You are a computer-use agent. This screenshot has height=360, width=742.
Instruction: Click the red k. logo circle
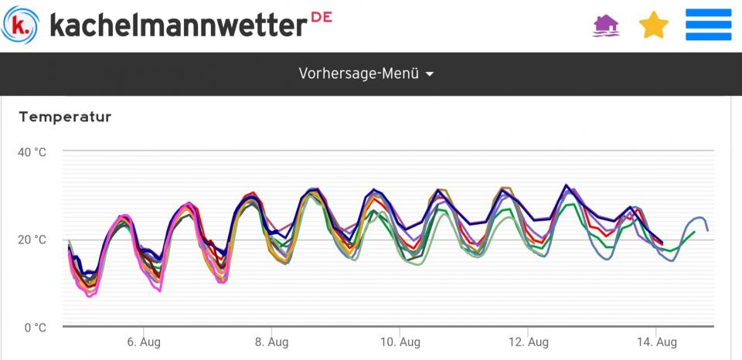(x=23, y=25)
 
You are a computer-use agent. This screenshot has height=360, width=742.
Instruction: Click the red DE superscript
(x=322, y=16)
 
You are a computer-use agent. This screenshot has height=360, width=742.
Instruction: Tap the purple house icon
(x=606, y=25)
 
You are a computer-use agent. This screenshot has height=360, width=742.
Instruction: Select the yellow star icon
(x=653, y=25)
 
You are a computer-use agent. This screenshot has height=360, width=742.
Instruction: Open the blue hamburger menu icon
(x=708, y=25)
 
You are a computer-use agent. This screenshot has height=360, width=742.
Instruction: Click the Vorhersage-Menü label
(x=359, y=74)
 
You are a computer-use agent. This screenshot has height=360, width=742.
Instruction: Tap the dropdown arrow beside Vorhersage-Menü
(x=430, y=74)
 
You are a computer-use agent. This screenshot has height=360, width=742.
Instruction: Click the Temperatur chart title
(x=65, y=117)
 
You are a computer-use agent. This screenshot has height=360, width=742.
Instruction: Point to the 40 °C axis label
(x=32, y=152)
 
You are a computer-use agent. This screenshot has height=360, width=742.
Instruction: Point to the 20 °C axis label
(x=32, y=239)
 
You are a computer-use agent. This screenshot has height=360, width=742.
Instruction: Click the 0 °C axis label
(x=35, y=327)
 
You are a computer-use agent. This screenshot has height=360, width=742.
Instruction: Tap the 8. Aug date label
(x=271, y=342)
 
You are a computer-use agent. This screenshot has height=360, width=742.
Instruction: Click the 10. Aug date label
(x=400, y=342)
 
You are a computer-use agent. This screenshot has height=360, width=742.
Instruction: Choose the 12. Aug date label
(x=529, y=342)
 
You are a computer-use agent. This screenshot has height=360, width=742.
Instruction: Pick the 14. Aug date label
(x=657, y=342)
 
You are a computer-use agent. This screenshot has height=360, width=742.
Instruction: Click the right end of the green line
(x=695, y=231)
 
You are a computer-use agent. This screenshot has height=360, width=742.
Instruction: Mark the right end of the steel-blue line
(x=707, y=230)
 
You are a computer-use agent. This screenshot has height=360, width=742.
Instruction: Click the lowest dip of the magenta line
(x=89, y=296)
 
